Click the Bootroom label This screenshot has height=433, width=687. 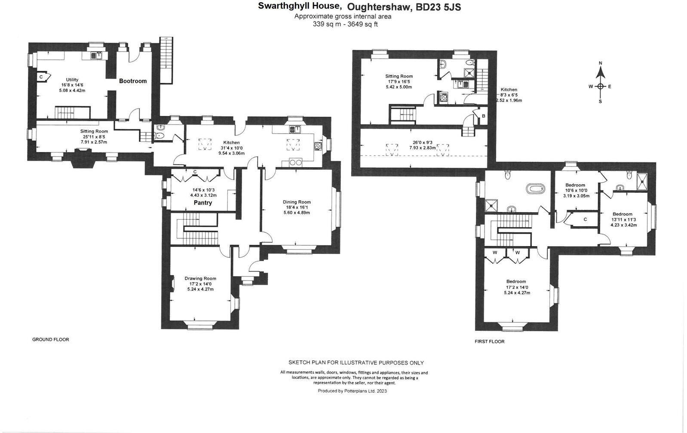click(x=133, y=81)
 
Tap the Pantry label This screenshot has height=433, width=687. click(x=202, y=203)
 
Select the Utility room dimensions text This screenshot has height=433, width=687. click(x=72, y=88)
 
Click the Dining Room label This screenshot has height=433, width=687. click(x=297, y=202)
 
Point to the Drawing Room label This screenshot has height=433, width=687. click(x=200, y=278)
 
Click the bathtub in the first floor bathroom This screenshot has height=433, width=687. click(x=536, y=188)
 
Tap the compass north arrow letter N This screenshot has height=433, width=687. click(x=601, y=64)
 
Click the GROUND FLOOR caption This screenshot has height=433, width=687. click(x=51, y=339)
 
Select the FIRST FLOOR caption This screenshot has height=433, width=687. click(x=489, y=342)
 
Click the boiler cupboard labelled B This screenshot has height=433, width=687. click(x=483, y=116)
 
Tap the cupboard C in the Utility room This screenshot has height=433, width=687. click(x=41, y=77)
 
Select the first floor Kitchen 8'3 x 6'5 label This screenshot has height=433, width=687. click(x=509, y=95)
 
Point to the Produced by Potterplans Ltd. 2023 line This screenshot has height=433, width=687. click(x=352, y=391)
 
